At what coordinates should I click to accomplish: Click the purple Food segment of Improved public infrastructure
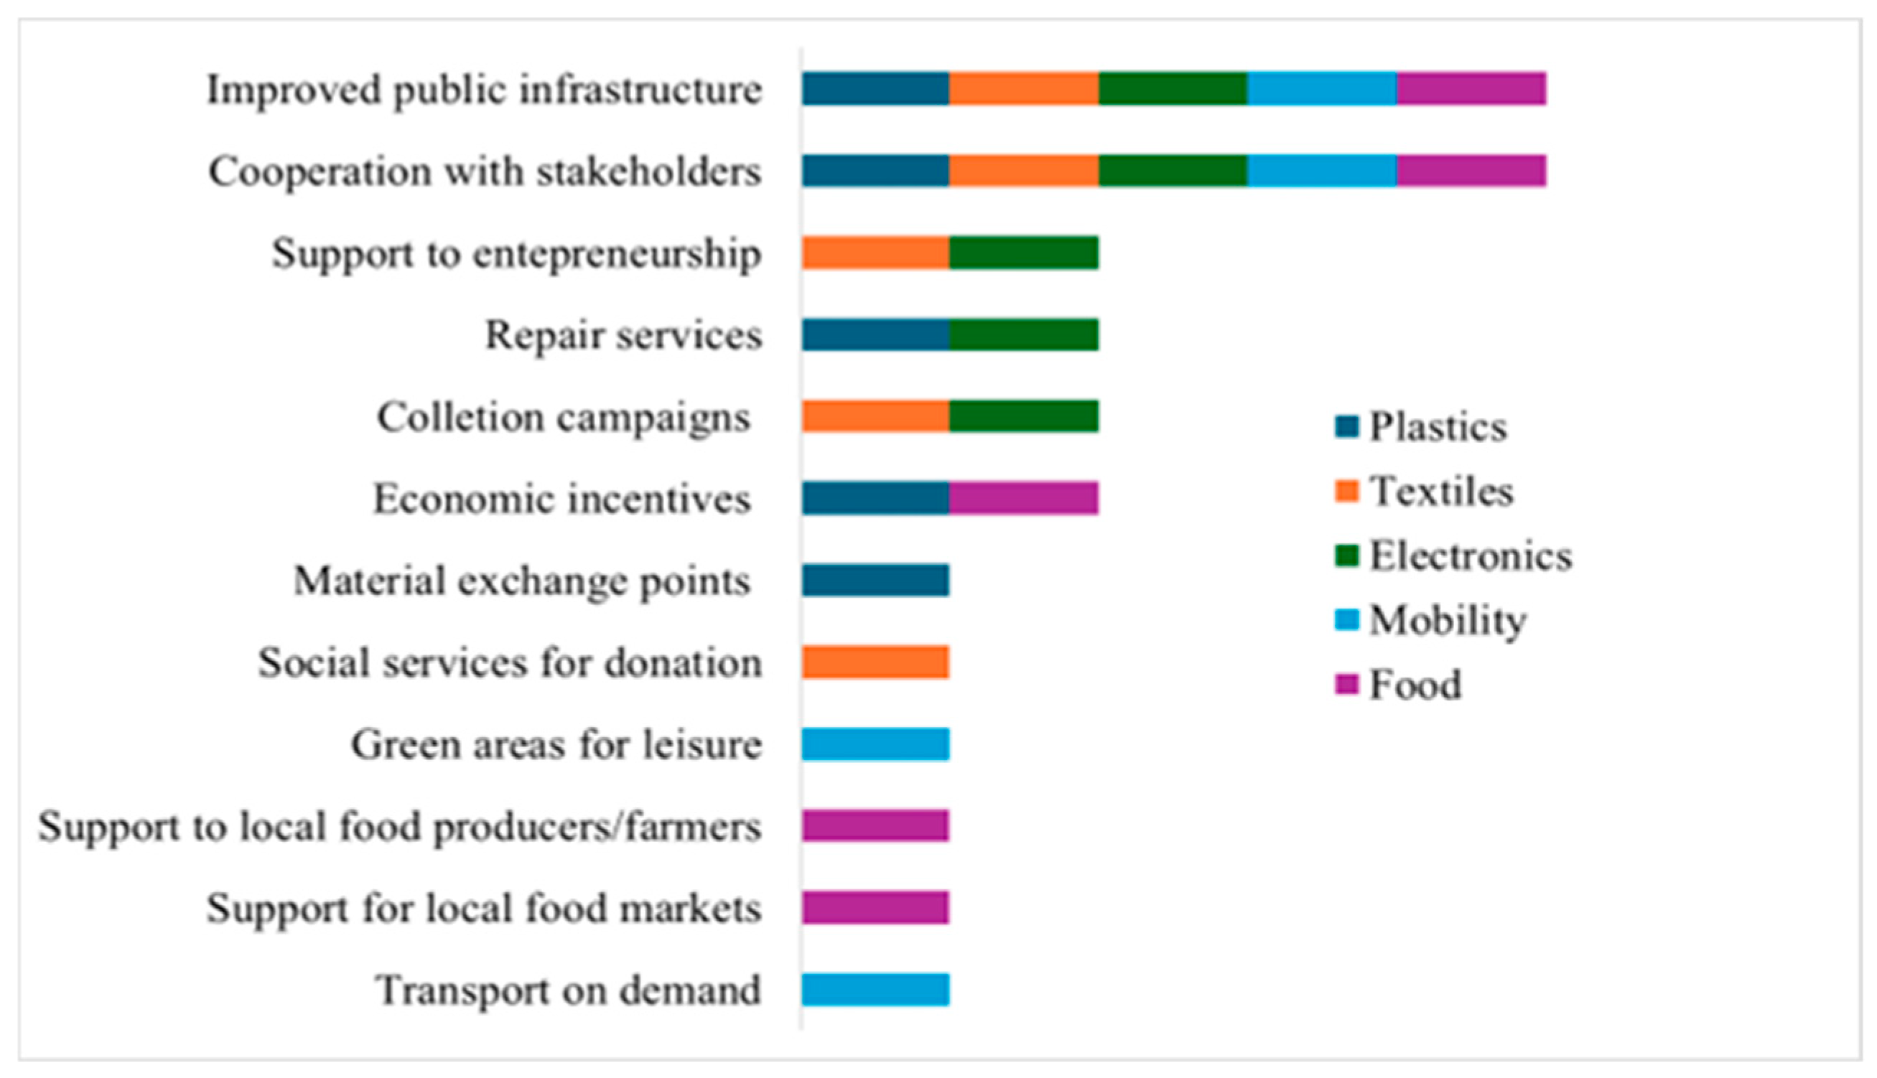(1471, 89)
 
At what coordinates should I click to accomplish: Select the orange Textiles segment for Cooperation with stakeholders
(1024, 171)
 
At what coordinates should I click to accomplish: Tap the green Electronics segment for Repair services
(1024, 334)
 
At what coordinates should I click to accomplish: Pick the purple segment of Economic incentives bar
(1024, 498)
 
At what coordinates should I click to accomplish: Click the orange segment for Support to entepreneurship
(875, 253)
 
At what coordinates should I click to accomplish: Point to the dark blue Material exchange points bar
(875, 581)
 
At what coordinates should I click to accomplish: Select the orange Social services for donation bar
(875, 662)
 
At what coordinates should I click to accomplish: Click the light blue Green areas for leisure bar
(875, 744)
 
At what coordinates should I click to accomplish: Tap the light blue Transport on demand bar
(875, 990)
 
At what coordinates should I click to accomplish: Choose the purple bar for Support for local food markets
(875, 908)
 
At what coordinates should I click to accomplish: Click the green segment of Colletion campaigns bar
(1024, 416)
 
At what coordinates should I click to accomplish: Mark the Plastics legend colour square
(1346, 427)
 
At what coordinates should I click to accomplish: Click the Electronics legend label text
(1471, 556)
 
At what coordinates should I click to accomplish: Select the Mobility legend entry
(1448, 620)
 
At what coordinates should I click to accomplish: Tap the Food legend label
(1415, 685)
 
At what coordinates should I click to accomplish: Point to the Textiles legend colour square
(1346, 492)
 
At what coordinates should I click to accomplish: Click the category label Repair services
(623, 335)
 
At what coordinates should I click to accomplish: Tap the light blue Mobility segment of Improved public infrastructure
(1322, 89)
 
